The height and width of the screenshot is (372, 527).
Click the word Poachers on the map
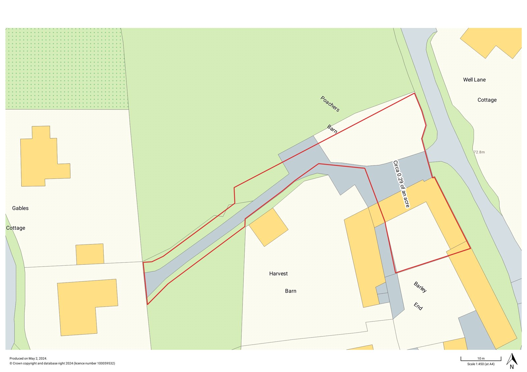pos(330,104)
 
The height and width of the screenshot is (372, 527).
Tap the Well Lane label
pos(474,80)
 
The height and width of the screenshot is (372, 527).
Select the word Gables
pos(20,208)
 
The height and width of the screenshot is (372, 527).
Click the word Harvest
pos(278,274)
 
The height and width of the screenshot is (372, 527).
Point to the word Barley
pos(420,287)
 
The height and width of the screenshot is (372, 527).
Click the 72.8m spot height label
pos(479,152)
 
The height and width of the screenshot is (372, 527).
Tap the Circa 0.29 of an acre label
pos(401,184)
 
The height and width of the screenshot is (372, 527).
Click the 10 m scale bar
pos(481,359)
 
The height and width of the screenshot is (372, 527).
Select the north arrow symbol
pos(512,360)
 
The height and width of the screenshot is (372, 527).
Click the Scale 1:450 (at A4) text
pos(481,364)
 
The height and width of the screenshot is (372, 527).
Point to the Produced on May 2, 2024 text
pos(28,359)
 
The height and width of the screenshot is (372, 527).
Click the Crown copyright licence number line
pos(62,363)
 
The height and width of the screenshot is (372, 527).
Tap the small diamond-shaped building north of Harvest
pos(268,227)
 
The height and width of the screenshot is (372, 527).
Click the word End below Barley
pos(418,306)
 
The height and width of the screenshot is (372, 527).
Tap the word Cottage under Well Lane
pos(487,100)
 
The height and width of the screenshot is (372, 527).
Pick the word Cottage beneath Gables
pos(15,228)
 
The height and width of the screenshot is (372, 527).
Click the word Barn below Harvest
pos(291,291)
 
